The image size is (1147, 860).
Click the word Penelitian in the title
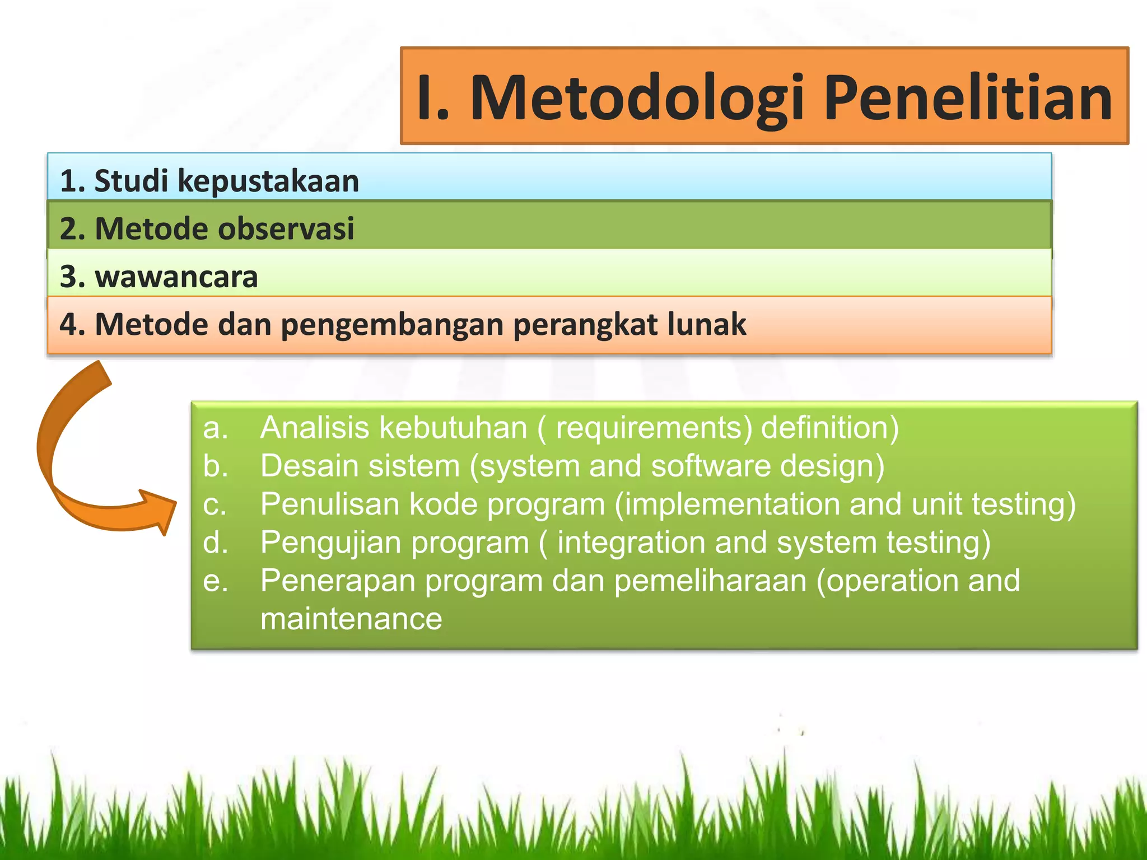coord(968,99)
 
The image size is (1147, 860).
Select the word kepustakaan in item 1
coord(268,182)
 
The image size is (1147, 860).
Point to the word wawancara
coord(176,277)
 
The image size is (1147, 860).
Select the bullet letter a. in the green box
coord(215,428)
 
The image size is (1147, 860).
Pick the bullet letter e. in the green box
coord(215,581)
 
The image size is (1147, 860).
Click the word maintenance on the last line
coord(351,619)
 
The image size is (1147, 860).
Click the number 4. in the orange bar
coord(72,325)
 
